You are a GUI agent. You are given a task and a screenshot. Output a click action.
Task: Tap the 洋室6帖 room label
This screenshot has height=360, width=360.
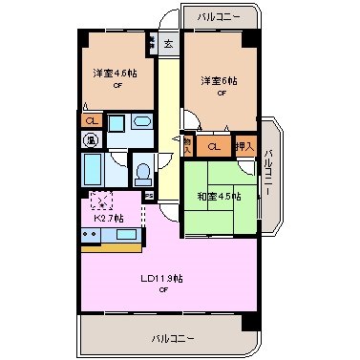pos(219,80)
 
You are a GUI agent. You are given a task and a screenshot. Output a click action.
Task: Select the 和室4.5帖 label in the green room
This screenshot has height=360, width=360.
pos(220,197)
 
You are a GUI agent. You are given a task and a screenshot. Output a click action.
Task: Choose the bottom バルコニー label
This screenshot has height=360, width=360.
pos(172,338)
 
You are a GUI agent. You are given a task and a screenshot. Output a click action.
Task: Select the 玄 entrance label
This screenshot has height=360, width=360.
pos(167,43)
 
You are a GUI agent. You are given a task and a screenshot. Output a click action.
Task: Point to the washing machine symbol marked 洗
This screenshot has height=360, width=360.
pos(91,140)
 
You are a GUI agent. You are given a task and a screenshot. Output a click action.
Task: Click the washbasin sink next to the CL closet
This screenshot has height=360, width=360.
pos(139,122)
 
